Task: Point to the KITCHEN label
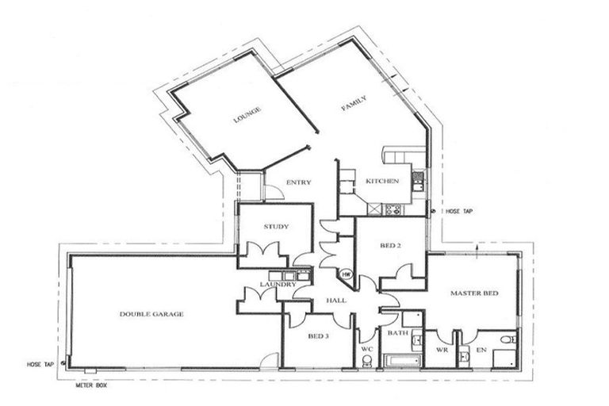click(x=381, y=182)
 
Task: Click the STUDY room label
click(x=276, y=228)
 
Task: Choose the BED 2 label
click(x=391, y=246)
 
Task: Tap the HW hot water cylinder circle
click(x=347, y=274)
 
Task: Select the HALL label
click(x=334, y=301)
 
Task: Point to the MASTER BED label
click(x=473, y=294)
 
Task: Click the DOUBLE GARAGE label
click(x=151, y=314)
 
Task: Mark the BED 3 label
click(x=318, y=336)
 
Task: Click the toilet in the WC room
click(x=366, y=361)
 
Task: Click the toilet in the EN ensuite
click(x=505, y=342)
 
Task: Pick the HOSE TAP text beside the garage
click(x=38, y=364)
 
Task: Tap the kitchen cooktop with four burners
click(x=392, y=209)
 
